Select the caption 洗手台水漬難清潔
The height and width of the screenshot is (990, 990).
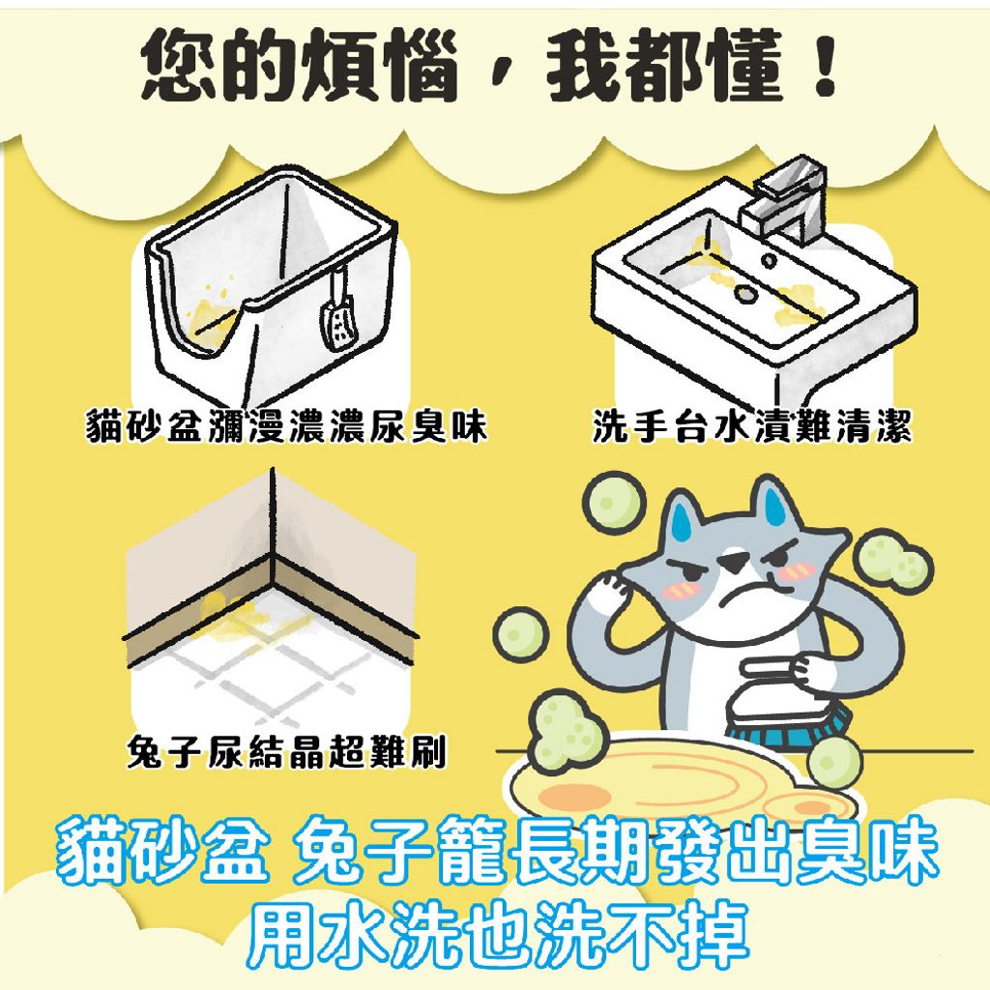pyautogui.click(x=752, y=426)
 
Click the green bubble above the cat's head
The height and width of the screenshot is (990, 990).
pyautogui.click(x=612, y=500)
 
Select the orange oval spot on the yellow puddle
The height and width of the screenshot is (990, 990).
pyautogui.click(x=570, y=798)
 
